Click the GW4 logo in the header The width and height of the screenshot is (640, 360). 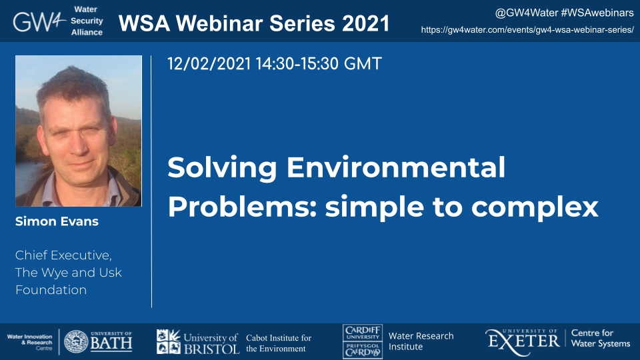click(x=39, y=21)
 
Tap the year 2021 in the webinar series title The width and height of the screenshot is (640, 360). click(x=366, y=23)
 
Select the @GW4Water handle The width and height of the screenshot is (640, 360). click(x=526, y=13)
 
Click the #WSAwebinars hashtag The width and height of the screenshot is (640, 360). click(x=597, y=13)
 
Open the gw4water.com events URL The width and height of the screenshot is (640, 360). click(x=527, y=30)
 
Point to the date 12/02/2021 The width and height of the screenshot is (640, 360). click(x=209, y=64)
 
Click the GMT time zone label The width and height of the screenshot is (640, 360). click(x=363, y=64)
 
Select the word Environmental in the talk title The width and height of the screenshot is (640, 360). click(x=395, y=167)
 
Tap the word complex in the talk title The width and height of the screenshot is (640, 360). click(x=535, y=207)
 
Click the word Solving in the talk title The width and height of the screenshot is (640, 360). click(x=222, y=168)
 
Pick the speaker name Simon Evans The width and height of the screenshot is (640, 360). click(x=57, y=221)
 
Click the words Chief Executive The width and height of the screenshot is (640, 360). click(x=63, y=255)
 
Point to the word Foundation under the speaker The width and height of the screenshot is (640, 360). click(x=51, y=290)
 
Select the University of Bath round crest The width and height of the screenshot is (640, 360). click(x=76, y=341)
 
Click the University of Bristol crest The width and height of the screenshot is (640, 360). click(x=169, y=341)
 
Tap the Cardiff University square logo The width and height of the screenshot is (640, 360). click(x=363, y=341)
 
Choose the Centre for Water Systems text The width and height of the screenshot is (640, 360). click(x=601, y=339)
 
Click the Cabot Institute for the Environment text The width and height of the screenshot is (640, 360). click(x=279, y=343)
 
